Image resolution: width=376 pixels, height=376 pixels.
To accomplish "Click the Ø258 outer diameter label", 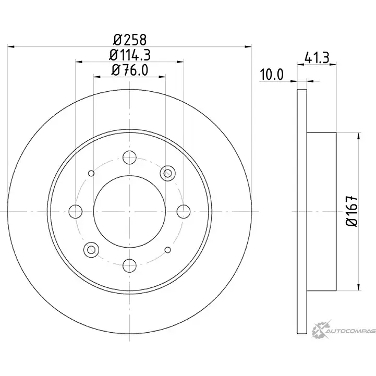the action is [x=130, y=40].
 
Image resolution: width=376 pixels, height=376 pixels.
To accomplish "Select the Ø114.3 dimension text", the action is [x=130, y=55].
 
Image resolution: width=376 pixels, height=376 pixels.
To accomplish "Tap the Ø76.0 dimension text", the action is [x=130, y=70].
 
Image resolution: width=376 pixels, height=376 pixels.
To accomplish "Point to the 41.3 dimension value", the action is [x=317, y=58].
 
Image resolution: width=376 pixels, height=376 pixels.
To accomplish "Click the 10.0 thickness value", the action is [x=272, y=75].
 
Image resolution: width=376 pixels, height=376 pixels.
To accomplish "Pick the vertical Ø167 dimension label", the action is [x=352, y=211].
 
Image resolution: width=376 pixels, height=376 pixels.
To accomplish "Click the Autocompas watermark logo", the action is [x=343, y=330].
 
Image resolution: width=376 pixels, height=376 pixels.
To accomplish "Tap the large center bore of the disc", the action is [x=129, y=212].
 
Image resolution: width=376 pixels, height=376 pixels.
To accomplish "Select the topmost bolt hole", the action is [x=129, y=157].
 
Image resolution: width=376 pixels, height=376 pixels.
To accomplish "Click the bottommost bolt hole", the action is [x=129, y=265].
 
